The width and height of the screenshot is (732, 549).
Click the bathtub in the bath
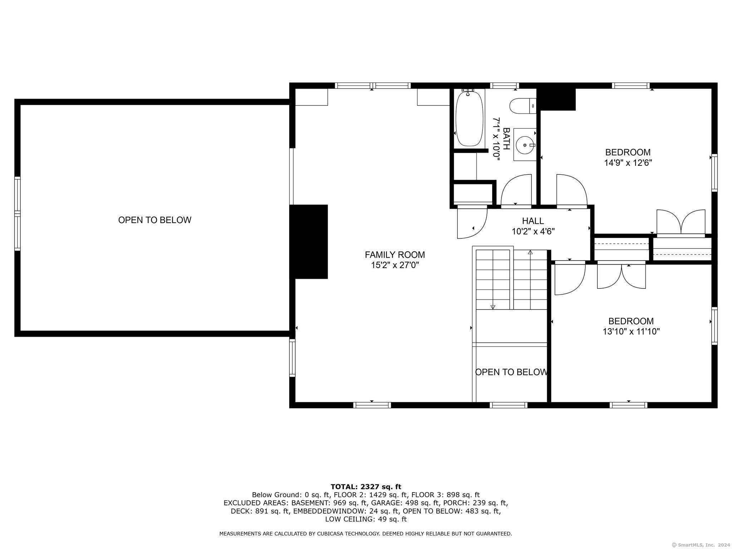click(469, 119)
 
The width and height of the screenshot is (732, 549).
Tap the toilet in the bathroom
click(523, 106)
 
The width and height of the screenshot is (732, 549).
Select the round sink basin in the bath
click(525, 145)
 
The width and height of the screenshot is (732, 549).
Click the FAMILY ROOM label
click(395, 255)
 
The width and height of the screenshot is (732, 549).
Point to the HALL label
click(533, 221)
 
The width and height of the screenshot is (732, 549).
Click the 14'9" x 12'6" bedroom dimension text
click(628, 163)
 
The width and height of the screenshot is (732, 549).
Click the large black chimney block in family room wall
click(308, 242)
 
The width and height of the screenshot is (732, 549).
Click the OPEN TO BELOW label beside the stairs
click(511, 372)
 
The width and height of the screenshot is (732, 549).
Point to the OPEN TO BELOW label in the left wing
click(155, 220)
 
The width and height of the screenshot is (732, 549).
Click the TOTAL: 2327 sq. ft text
click(366, 487)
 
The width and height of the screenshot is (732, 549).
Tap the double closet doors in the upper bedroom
click(681, 223)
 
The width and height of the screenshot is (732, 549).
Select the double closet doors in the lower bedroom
click(622, 276)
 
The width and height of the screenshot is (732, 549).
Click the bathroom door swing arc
click(516, 189)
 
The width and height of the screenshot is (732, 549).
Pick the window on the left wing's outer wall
click(17, 213)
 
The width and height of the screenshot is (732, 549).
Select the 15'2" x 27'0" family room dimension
click(395, 265)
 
